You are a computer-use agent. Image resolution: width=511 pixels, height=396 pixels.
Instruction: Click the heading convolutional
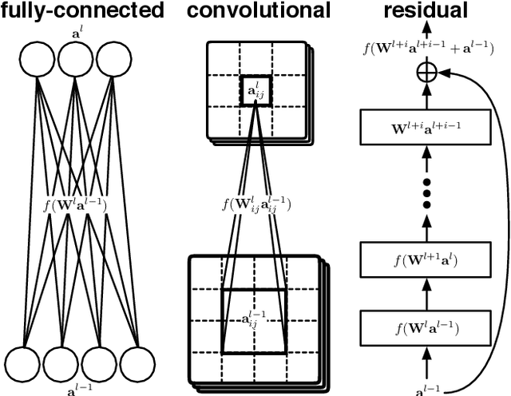(x=257, y=11)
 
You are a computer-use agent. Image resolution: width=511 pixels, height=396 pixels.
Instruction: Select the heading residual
(x=426, y=11)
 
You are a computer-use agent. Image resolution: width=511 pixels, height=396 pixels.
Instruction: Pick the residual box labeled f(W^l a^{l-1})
(x=426, y=327)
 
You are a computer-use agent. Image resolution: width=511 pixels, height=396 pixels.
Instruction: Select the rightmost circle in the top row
(x=114, y=59)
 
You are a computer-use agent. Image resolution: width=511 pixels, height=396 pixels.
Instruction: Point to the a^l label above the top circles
(x=77, y=32)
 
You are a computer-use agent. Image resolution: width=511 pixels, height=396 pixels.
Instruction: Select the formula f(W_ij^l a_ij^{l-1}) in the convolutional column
(x=255, y=204)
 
